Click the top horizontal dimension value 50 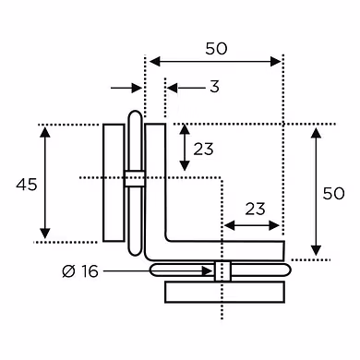click(216, 48)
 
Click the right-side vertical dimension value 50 click(333, 194)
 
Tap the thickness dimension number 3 click(214, 87)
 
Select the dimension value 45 click(27, 185)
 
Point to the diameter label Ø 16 click(80, 271)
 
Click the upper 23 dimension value click(203, 150)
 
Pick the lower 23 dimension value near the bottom click(255, 209)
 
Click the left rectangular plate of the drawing click(114, 183)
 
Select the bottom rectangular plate click(224, 292)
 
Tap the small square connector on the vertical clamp click(135, 179)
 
